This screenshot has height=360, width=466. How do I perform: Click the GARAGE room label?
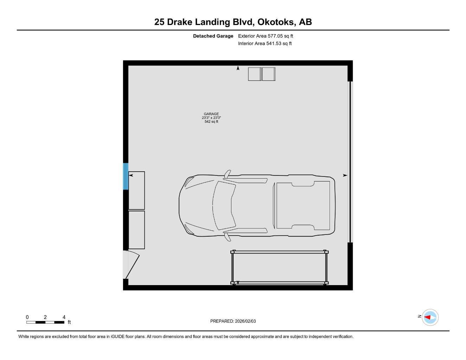coord(211,114)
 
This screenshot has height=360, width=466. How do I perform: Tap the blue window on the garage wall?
coord(126,176)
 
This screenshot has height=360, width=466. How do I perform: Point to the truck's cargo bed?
coord(303,205)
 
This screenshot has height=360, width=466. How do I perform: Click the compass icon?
coord(430,317)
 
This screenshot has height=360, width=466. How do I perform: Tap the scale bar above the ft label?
coord(45,322)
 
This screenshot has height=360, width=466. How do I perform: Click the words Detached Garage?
coord(213,36)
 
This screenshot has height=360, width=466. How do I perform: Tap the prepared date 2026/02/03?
coord(245,321)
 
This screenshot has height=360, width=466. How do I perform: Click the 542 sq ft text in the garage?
coord(211,122)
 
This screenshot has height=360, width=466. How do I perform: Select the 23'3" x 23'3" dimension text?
coord(211,118)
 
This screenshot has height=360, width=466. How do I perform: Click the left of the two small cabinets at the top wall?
coord(254,74)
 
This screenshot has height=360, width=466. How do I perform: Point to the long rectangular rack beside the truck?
coord(280,267)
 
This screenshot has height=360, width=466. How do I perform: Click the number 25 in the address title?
coord(159,22)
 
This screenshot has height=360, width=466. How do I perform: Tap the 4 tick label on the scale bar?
coord(64,317)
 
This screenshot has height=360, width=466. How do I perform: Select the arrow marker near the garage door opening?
coord(345,175)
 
